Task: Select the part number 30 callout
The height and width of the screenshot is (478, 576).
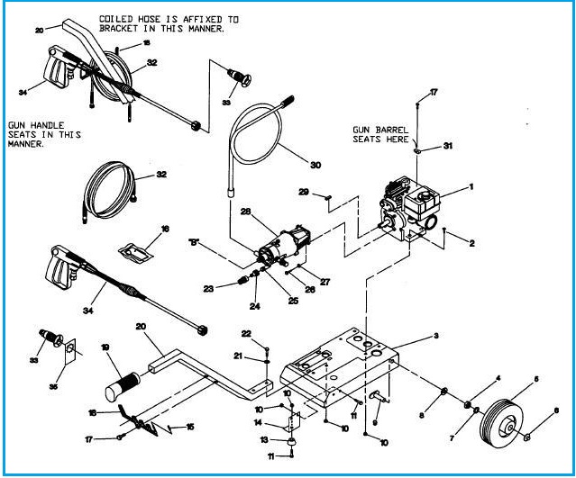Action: pos(315,165)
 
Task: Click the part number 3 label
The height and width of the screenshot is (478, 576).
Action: pos(436,336)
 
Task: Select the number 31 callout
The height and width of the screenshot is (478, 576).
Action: pos(448,144)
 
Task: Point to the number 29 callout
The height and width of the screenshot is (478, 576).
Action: pos(304,191)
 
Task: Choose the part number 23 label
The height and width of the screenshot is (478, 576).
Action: pos(209,288)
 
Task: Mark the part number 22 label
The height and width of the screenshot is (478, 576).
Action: pos(245,333)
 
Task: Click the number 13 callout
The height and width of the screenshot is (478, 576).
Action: pos(265,440)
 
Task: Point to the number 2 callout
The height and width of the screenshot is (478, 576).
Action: pos(471,242)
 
